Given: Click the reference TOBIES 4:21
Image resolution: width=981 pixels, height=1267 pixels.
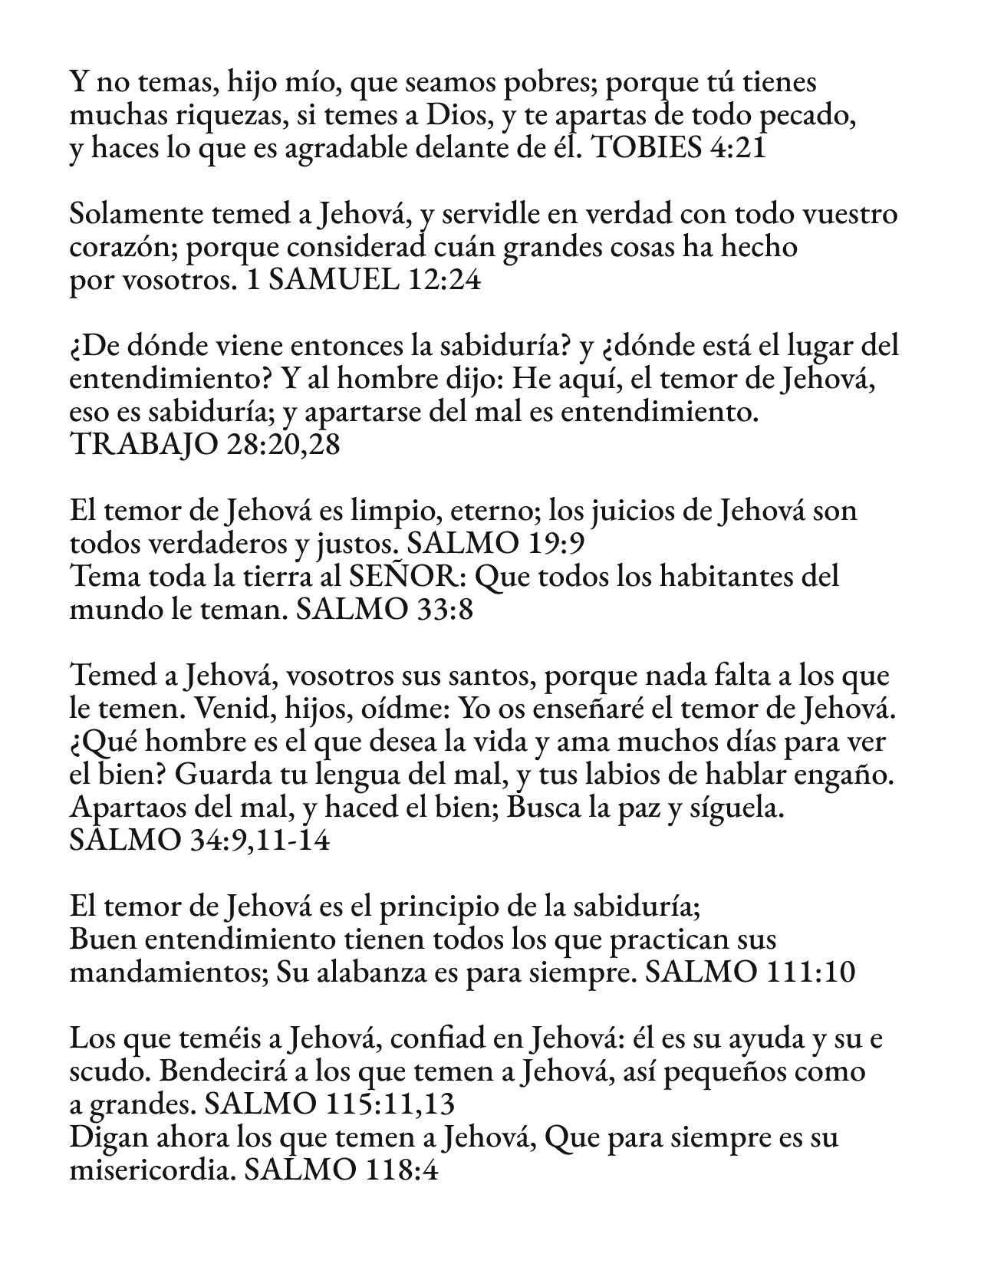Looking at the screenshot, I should click(x=680, y=148).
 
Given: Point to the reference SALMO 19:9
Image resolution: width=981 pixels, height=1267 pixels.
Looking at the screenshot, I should click(x=496, y=545).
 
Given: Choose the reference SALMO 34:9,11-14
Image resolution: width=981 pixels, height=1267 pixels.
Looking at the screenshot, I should click(x=199, y=841).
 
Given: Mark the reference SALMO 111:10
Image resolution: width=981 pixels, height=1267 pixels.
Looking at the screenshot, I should click(x=750, y=973).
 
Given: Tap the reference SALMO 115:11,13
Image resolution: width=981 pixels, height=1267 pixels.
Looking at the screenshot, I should click(x=331, y=1105).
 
